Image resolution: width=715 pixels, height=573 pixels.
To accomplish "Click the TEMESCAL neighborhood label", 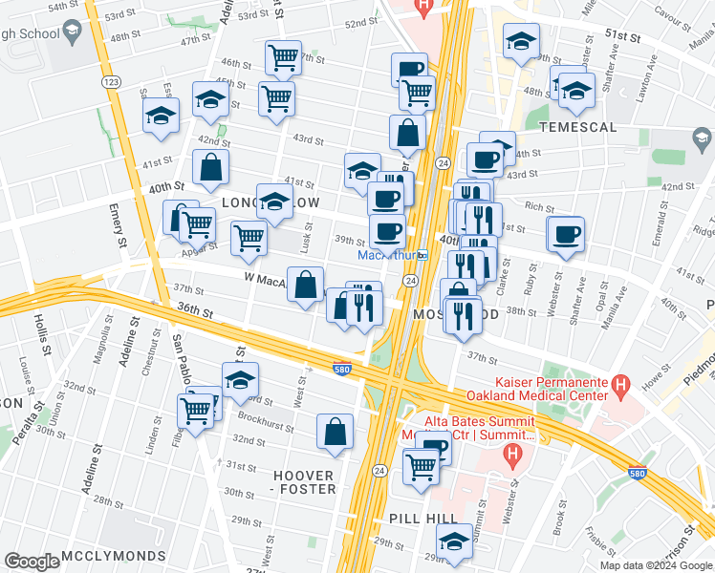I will pyautogui.click(x=576, y=126).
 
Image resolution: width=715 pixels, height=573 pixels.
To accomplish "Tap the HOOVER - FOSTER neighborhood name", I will pyautogui.click(x=305, y=482).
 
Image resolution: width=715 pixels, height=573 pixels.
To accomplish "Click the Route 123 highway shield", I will pyautogui.click(x=112, y=84).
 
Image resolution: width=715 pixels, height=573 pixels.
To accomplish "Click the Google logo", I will pyautogui.click(x=32, y=562).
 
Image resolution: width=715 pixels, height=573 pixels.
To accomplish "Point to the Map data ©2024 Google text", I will pyautogui.click(x=657, y=565).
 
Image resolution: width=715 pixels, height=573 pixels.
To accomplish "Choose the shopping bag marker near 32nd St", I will pyautogui.click(x=336, y=432).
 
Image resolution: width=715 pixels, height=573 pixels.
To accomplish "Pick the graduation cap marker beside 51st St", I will pyautogui.click(x=521, y=42).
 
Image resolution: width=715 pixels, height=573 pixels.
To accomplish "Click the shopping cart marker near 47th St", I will pyautogui.click(x=283, y=57).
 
